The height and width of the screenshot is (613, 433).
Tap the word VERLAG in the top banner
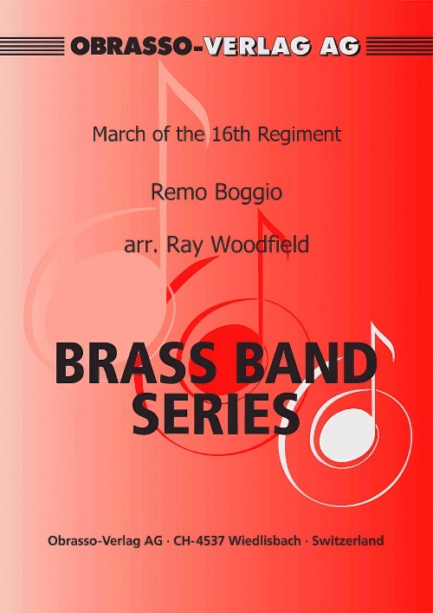[x=261, y=47]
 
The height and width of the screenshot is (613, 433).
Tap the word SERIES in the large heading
[x=216, y=414]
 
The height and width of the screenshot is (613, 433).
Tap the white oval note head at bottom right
[x=348, y=433]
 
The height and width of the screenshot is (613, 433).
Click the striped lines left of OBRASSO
[x=32, y=46]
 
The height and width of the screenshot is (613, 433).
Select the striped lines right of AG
[x=399, y=46]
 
